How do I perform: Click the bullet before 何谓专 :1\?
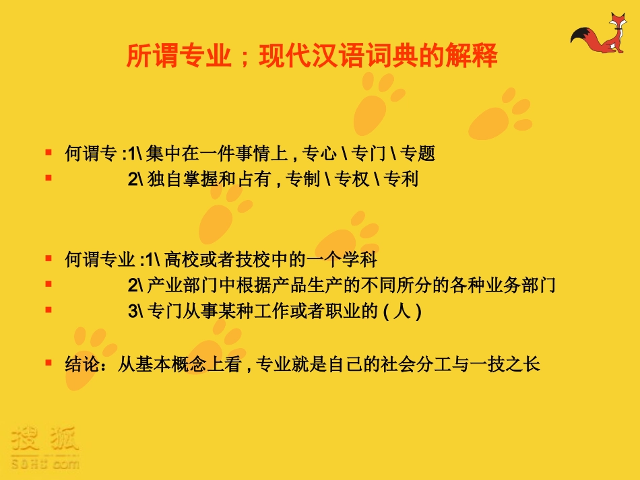48,153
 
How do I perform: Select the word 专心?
319,154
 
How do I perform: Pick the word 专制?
302,180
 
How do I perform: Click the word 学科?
360,259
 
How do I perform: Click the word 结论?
82,364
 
